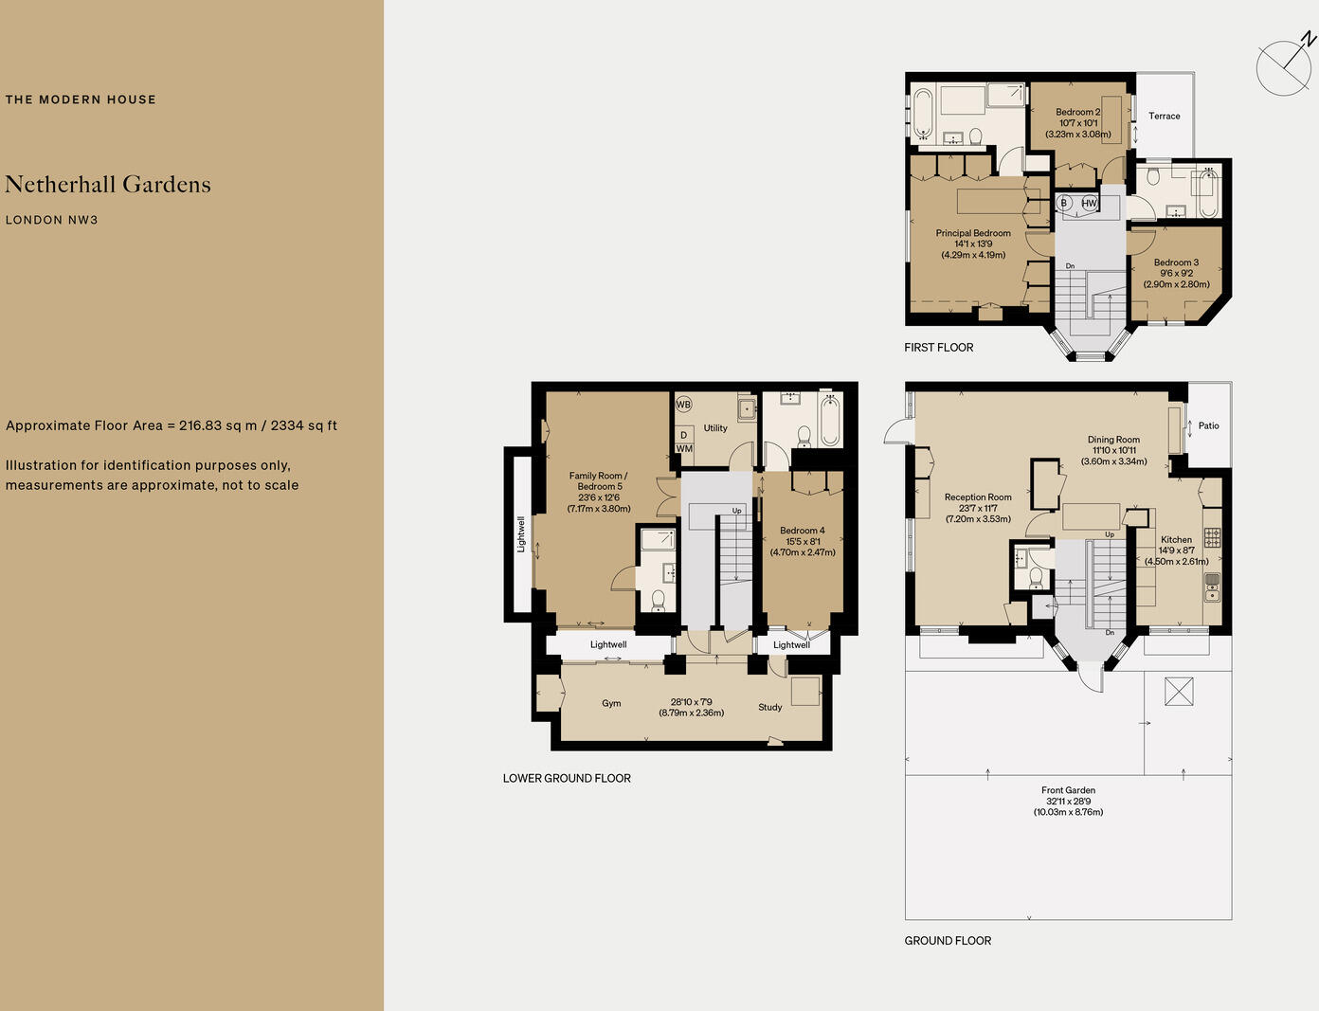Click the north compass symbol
pyautogui.click(x=1284, y=67)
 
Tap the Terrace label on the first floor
pyautogui.click(x=1164, y=116)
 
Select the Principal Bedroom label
pyautogui.click(x=973, y=233)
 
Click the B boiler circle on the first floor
pyautogui.click(x=1064, y=203)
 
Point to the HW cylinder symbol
pyautogui.click(x=1089, y=203)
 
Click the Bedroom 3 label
pyautogui.click(x=1176, y=262)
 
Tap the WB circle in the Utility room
pyautogui.click(x=683, y=405)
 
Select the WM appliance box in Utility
pyautogui.click(x=684, y=449)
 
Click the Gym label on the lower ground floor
pyautogui.click(x=611, y=703)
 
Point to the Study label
pyautogui.click(x=769, y=707)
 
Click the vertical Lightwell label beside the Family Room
pyautogui.click(x=521, y=534)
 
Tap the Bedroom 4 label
pyautogui.click(x=802, y=531)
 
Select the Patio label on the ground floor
pyautogui.click(x=1208, y=425)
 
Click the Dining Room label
pyautogui.click(x=1113, y=440)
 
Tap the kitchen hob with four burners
pyautogui.click(x=1212, y=537)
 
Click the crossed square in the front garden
pyautogui.click(x=1178, y=691)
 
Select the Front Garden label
pyautogui.click(x=1068, y=790)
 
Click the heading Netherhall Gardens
pyautogui.click(x=108, y=185)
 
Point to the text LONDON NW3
pyautogui.click(x=52, y=220)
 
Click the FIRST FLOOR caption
pyautogui.click(x=938, y=348)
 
